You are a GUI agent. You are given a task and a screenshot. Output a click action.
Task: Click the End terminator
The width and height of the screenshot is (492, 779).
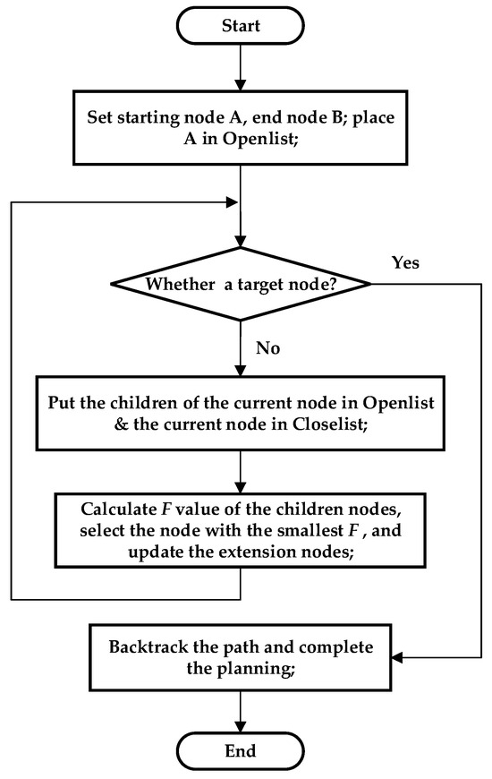pos(239,749)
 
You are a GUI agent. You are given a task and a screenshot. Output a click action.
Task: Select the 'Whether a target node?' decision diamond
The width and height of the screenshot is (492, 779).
pos(239,285)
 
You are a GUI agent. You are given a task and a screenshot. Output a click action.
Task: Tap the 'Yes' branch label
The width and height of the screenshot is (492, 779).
pos(404,263)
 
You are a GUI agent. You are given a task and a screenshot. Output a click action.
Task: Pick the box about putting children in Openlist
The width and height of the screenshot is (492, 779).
pos(239,415)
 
